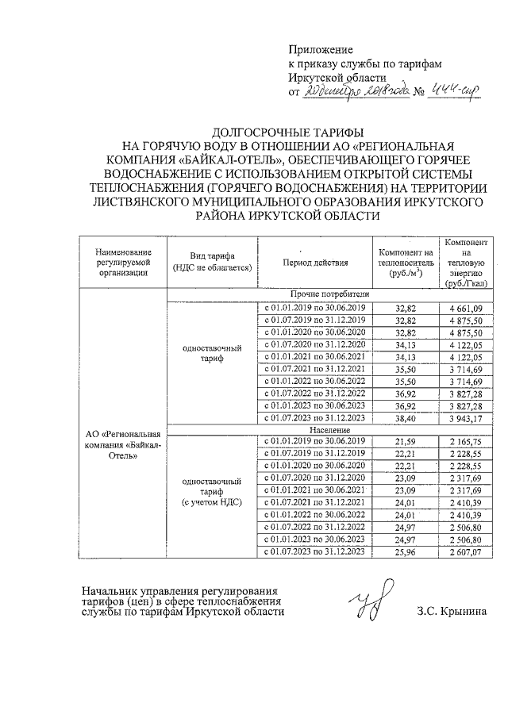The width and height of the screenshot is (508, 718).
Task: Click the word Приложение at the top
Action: pos(317,49)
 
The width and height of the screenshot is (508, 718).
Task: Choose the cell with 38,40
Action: pos(406,419)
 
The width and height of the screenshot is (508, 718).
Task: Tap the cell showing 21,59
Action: pos(406,441)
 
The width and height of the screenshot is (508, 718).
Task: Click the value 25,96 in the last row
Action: pos(406,551)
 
